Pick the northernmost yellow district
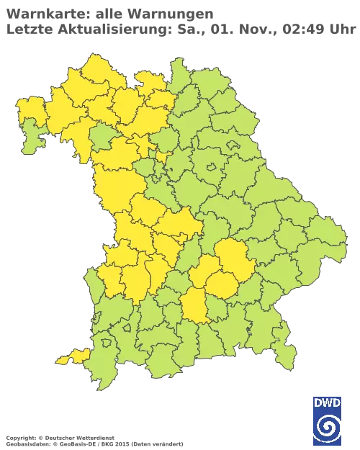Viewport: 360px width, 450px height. pos(92,68)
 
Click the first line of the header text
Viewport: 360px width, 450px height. pos(108,13)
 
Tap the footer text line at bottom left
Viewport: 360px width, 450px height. pos(94,437)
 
